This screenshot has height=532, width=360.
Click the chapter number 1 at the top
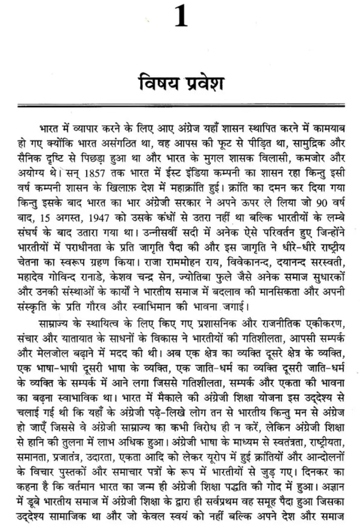click(181, 17)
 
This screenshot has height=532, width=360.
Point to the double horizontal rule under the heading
click(181, 106)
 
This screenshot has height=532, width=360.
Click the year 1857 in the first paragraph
click(95, 173)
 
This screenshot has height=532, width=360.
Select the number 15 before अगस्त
click(45, 218)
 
